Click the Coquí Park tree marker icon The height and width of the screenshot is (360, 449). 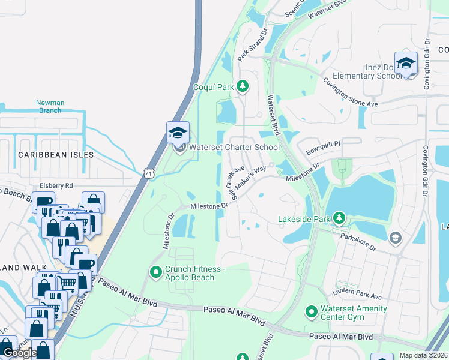[242, 87]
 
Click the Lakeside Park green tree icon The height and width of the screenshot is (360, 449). [340, 217]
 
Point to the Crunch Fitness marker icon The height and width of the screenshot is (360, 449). [156, 273]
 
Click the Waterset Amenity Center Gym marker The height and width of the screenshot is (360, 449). [311, 311]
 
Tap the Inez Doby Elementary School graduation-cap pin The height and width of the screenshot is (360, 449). [406, 64]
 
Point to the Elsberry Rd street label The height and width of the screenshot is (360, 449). [56, 185]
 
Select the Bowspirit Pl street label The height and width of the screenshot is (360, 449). [323, 145]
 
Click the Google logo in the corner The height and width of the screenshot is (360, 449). [20, 353]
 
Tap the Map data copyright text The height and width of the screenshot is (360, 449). [424, 355]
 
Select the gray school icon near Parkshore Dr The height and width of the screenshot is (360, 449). [395, 239]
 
